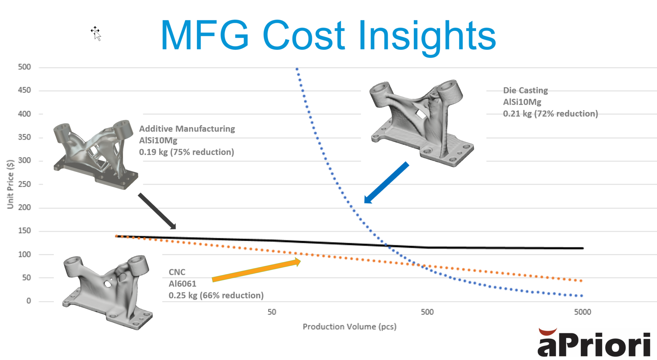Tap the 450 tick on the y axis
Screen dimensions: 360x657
tap(24, 90)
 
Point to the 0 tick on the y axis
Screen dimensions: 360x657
tap(29, 301)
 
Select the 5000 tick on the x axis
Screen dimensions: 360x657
tap(582, 312)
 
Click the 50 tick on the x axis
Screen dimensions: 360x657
tap(272, 312)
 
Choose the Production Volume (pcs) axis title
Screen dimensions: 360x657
tap(349, 327)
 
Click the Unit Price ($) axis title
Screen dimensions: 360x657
tap(10, 184)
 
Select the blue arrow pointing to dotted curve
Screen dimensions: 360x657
tap(387, 183)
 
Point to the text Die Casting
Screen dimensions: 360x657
tap(525, 90)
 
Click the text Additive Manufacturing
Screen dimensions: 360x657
tap(187, 129)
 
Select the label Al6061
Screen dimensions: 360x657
tap(182, 284)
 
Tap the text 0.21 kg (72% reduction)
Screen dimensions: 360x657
tap(550, 114)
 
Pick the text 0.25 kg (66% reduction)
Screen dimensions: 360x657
tap(216, 295)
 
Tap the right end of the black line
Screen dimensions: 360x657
tap(582, 248)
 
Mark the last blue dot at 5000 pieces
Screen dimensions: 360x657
tap(582, 296)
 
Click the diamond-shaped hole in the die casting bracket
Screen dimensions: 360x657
tap(420, 114)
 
